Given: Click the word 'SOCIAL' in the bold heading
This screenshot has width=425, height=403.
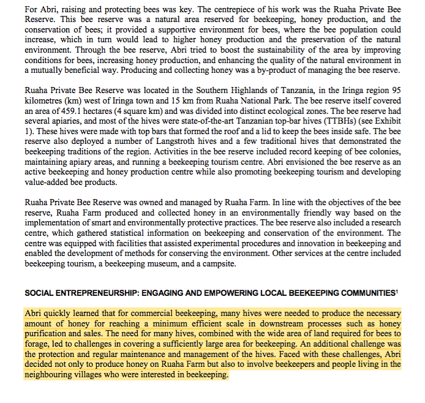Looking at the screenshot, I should [x=39, y=293].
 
